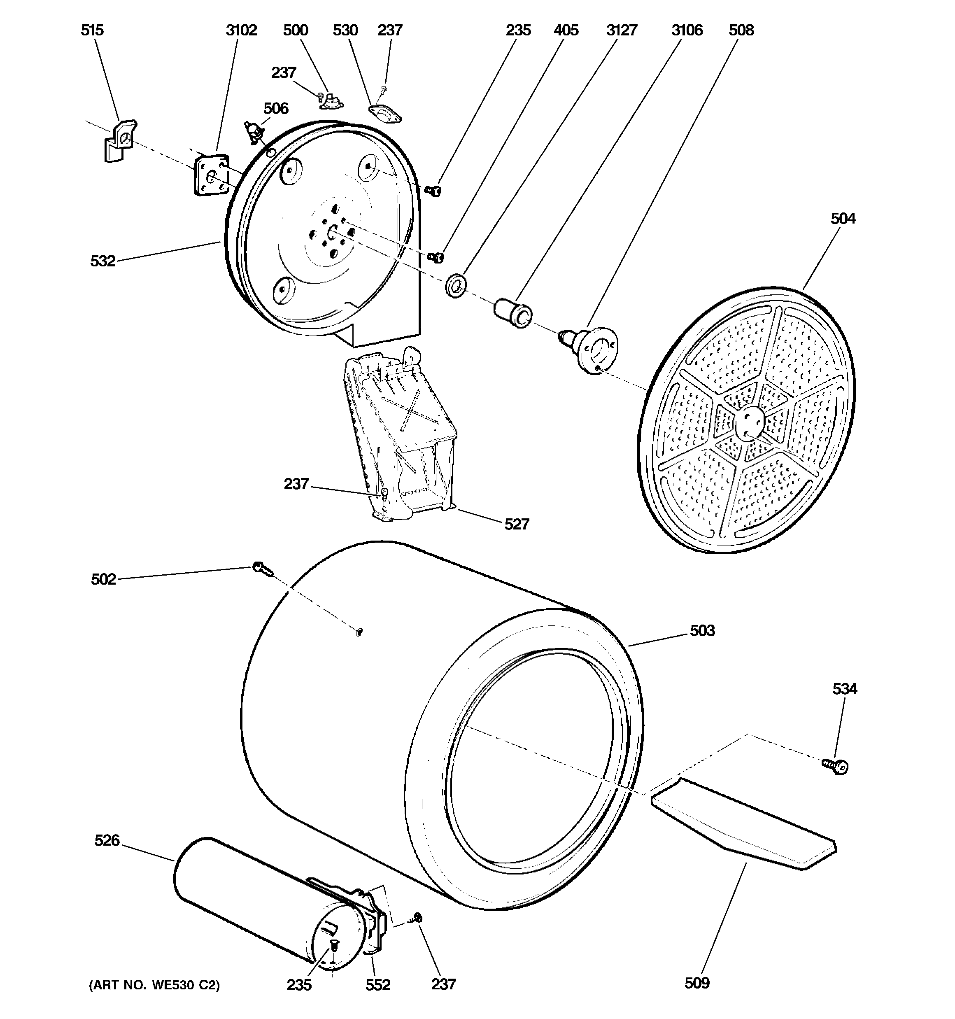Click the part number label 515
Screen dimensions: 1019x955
92,30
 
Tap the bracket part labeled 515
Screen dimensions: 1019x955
120,141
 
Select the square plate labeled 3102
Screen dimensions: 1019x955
211,175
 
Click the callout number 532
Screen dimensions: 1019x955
102,261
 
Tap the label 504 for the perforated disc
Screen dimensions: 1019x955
843,219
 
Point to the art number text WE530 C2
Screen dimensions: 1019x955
154,985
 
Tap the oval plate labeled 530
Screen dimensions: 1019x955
385,114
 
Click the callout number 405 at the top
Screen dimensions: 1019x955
566,30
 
